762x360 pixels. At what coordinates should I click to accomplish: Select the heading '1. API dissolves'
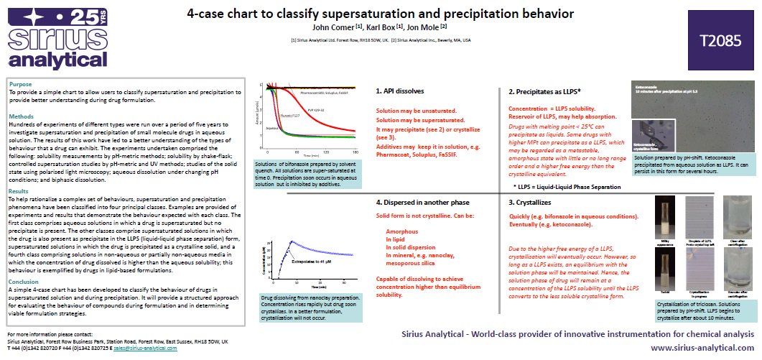click(x=400, y=91)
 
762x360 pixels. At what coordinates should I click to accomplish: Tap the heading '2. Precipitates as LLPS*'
click(x=544, y=92)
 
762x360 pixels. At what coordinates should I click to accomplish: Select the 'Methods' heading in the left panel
click(x=22, y=116)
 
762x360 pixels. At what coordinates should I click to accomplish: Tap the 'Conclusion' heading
click(x=24, y=282)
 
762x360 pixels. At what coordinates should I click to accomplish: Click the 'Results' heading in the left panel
click(x=19, y=191)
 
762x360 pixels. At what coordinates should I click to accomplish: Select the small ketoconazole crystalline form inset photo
click(x=649, y=146)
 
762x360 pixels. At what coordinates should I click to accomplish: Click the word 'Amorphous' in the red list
click(x=401, y=231)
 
